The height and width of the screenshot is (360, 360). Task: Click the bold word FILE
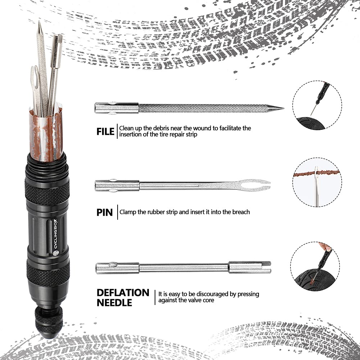pos(105,132)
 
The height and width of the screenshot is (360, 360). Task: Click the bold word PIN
pos(104,212)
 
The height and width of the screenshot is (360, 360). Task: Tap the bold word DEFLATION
pos(123,292)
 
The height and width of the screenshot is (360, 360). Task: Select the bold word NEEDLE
pos(114,303)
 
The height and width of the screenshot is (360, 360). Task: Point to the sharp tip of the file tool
pos(282,108)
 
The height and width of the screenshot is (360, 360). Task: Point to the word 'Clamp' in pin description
pos(128,212)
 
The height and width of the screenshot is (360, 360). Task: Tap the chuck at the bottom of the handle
pos(47,322)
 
